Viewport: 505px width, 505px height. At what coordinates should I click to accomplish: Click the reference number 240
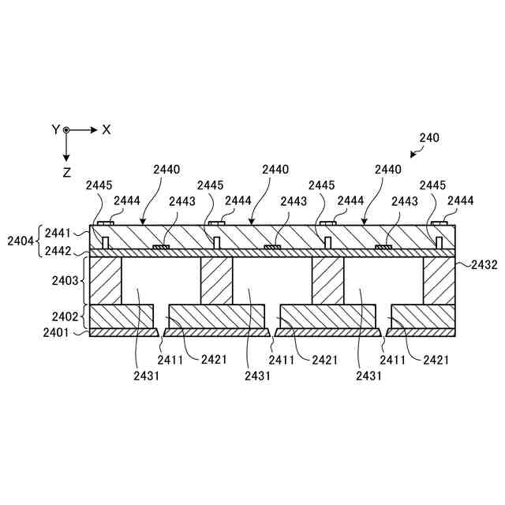click(428, 137)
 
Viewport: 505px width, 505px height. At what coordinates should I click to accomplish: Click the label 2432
click(484, 265)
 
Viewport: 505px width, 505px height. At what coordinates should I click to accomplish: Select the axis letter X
click(107, 129)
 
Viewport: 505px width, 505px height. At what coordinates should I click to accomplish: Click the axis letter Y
click(55, 129)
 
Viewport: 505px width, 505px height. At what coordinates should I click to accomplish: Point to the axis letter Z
click(67, 171)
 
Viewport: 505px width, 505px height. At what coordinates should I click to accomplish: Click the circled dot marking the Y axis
click(67, 129)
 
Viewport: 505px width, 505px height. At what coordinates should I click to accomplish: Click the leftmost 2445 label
click(100, 185)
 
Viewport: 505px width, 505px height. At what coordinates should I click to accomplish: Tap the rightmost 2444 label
click(460, 201)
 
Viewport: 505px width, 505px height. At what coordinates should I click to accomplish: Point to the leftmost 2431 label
click(147, 376)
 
